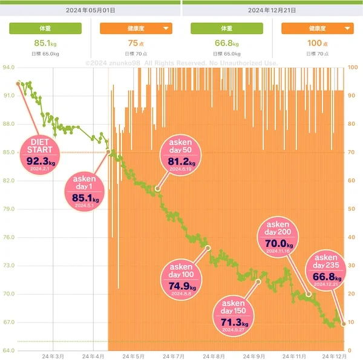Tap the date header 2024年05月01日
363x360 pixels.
coord(91,11)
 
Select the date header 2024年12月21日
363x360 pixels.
coord(272,11)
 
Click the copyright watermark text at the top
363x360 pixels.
coord(181,63)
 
